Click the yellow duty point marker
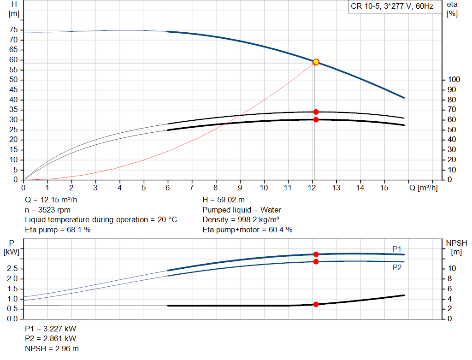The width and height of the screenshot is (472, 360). pos(316,62)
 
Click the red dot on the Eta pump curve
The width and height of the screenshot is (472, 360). pos(316,112)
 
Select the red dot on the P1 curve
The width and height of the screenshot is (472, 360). pos(316,254)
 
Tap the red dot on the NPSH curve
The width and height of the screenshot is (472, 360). pos(316,304)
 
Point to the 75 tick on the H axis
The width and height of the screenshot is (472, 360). pos(13,30)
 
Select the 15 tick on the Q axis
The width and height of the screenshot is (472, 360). pos(384,188)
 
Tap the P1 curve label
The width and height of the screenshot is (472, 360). pos(397,249)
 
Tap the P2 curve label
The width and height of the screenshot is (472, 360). pos(397,267)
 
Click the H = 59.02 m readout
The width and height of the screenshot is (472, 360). pos(224,200)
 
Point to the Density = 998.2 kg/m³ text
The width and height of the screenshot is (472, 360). pos(241,219)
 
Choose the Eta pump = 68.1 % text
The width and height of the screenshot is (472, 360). pos(58,229)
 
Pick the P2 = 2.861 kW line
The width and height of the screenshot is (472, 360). pos(51,339)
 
